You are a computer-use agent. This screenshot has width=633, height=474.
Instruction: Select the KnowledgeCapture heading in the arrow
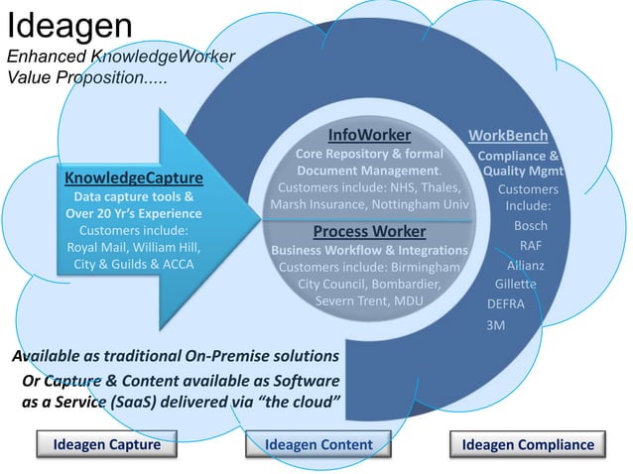(x=134, y=178)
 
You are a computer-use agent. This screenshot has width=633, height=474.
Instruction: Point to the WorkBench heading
(x=508, y=136)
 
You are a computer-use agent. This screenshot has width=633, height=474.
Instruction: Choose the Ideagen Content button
(x=318, y=445)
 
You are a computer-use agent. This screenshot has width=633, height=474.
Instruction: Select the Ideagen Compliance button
(x=528, y=445)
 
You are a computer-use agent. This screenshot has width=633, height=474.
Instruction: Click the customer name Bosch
(x=531, y=226)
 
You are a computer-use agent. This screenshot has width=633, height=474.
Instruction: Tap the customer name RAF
(x=531, y=245)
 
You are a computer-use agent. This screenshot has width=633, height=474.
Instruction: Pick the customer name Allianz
(x=525, y=266)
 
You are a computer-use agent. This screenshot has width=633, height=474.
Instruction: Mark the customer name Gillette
(x=516, y=285)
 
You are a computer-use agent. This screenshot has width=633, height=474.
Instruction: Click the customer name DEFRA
(x=506, y=303)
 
